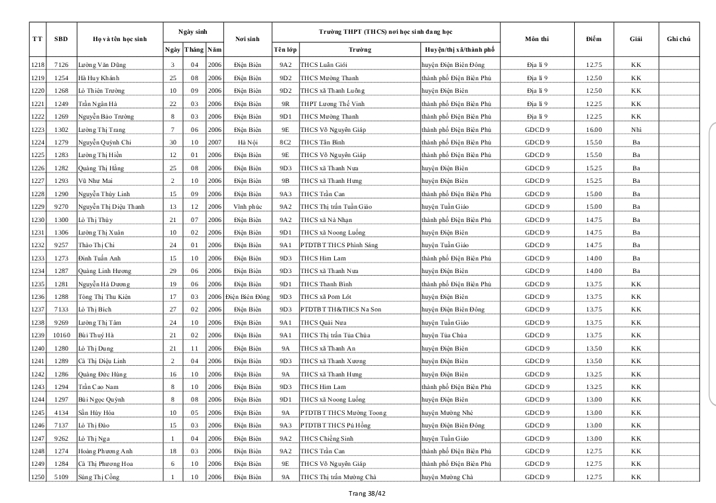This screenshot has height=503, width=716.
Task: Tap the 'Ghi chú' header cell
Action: point(678,39)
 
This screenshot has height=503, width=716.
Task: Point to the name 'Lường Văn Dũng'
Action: point(102,65)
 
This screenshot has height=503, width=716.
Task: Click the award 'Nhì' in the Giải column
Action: point(636,129)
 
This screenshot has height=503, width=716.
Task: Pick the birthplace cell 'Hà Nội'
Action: point(247,142)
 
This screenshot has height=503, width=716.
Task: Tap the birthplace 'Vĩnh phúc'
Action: point(247,207)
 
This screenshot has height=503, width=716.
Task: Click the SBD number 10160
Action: point(61,335)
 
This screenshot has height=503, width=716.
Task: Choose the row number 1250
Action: point(38,477)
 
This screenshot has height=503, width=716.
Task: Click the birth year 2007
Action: point(214,142)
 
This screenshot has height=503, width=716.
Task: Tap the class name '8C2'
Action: point(285,142)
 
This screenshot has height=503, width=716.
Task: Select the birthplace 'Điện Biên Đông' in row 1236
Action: point(247,297)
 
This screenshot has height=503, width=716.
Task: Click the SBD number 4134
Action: point(61,413)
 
